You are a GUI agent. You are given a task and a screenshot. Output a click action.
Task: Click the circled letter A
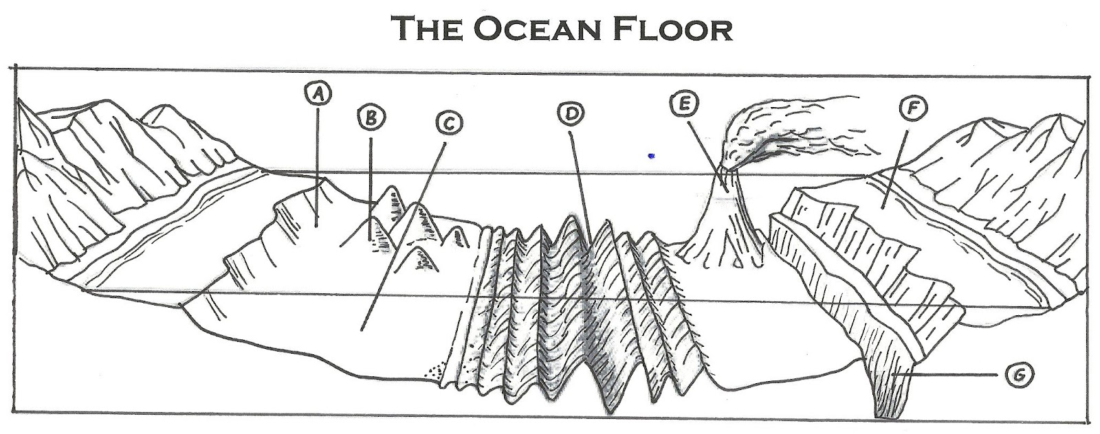[317, 93]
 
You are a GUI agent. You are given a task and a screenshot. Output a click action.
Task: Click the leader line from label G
[949, 375]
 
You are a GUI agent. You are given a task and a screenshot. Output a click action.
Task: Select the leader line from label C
[406, 227]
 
